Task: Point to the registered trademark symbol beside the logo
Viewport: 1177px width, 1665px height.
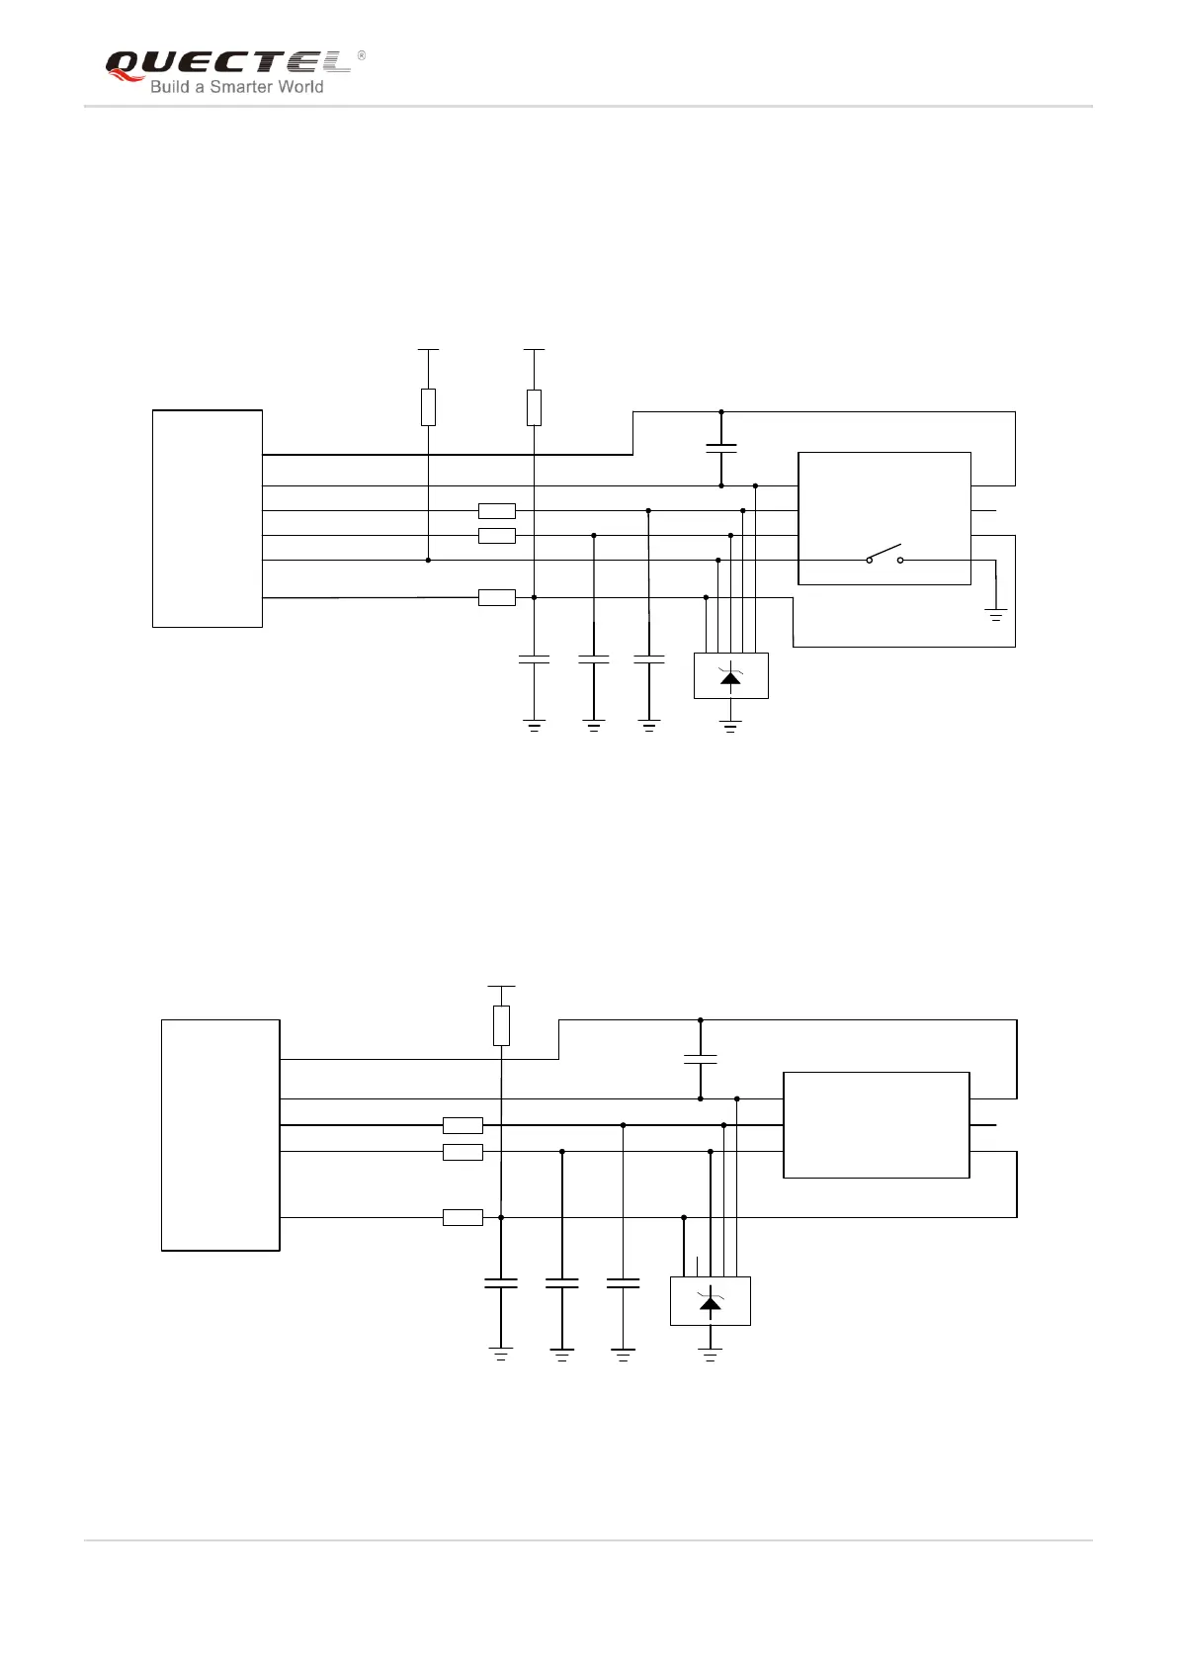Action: point(361,55)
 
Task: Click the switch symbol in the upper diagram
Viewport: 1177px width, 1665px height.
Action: point(884,555)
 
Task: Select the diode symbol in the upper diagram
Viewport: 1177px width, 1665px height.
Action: point(730,676)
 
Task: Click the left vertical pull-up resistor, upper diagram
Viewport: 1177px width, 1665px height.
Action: point(428,406)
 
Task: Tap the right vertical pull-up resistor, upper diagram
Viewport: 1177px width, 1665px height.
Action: point(534,406)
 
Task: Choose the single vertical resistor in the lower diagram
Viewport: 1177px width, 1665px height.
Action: point(501,1025)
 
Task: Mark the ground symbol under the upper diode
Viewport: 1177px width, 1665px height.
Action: point(730,728)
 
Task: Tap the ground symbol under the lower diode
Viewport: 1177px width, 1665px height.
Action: point(710,1353)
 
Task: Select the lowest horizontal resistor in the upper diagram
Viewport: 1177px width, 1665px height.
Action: point(496,597)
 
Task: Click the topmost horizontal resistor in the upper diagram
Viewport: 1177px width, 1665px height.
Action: point(496,511)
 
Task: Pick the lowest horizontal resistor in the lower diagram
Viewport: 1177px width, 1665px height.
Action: point(462,1217)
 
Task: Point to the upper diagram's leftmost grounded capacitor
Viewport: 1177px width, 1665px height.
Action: point(534,658)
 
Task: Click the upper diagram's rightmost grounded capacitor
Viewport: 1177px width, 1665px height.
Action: point(648,658)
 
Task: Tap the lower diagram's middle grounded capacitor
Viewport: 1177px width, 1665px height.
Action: point(561,1283)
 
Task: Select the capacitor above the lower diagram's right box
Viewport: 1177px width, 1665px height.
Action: point(700,1059)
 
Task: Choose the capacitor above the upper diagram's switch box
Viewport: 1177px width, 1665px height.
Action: point(721,448)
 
